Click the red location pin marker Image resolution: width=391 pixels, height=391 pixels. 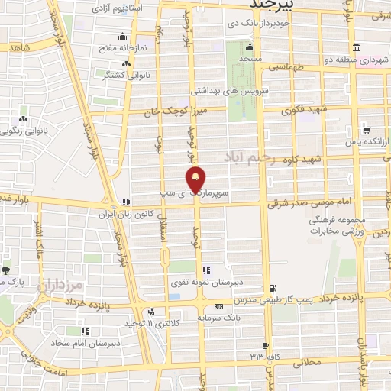coord(196,180)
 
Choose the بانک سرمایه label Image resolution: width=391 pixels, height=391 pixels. coord(239,313)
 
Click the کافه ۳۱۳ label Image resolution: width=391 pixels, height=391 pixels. coord(265,356)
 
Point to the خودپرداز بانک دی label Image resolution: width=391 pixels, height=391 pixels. coord(260,24)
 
